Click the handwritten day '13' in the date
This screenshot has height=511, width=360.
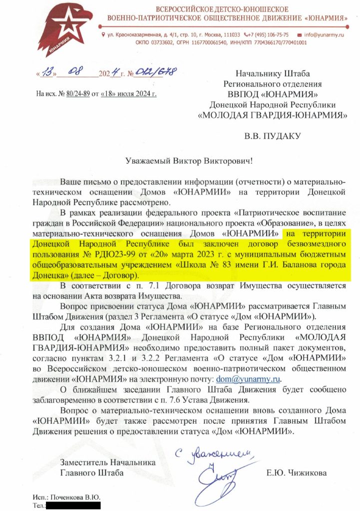point(48,73)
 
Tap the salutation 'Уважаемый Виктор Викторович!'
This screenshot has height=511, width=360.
point(188,162)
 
